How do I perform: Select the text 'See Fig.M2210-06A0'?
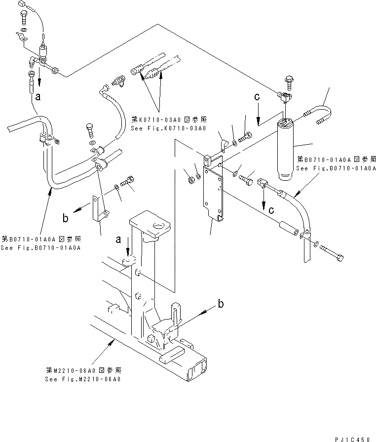pyautogui.click(x=82, y=379)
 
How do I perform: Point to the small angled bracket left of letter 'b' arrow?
pyautogui.click(x=99, y=209)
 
